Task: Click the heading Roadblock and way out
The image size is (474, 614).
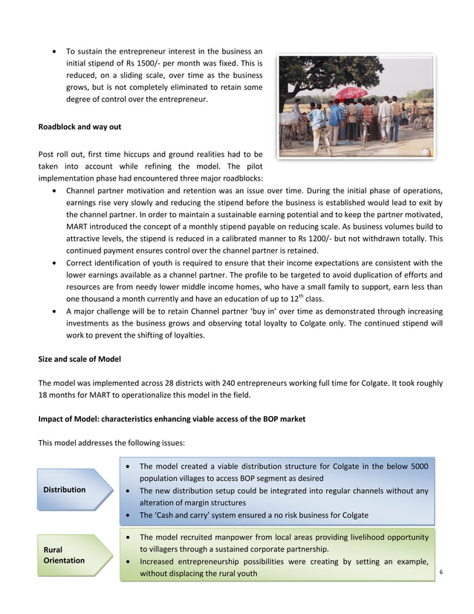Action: (79, 127)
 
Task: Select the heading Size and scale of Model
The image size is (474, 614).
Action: (80, 359)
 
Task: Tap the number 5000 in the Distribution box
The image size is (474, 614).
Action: (417, 466)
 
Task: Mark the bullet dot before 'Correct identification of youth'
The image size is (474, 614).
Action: (56, 263)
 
